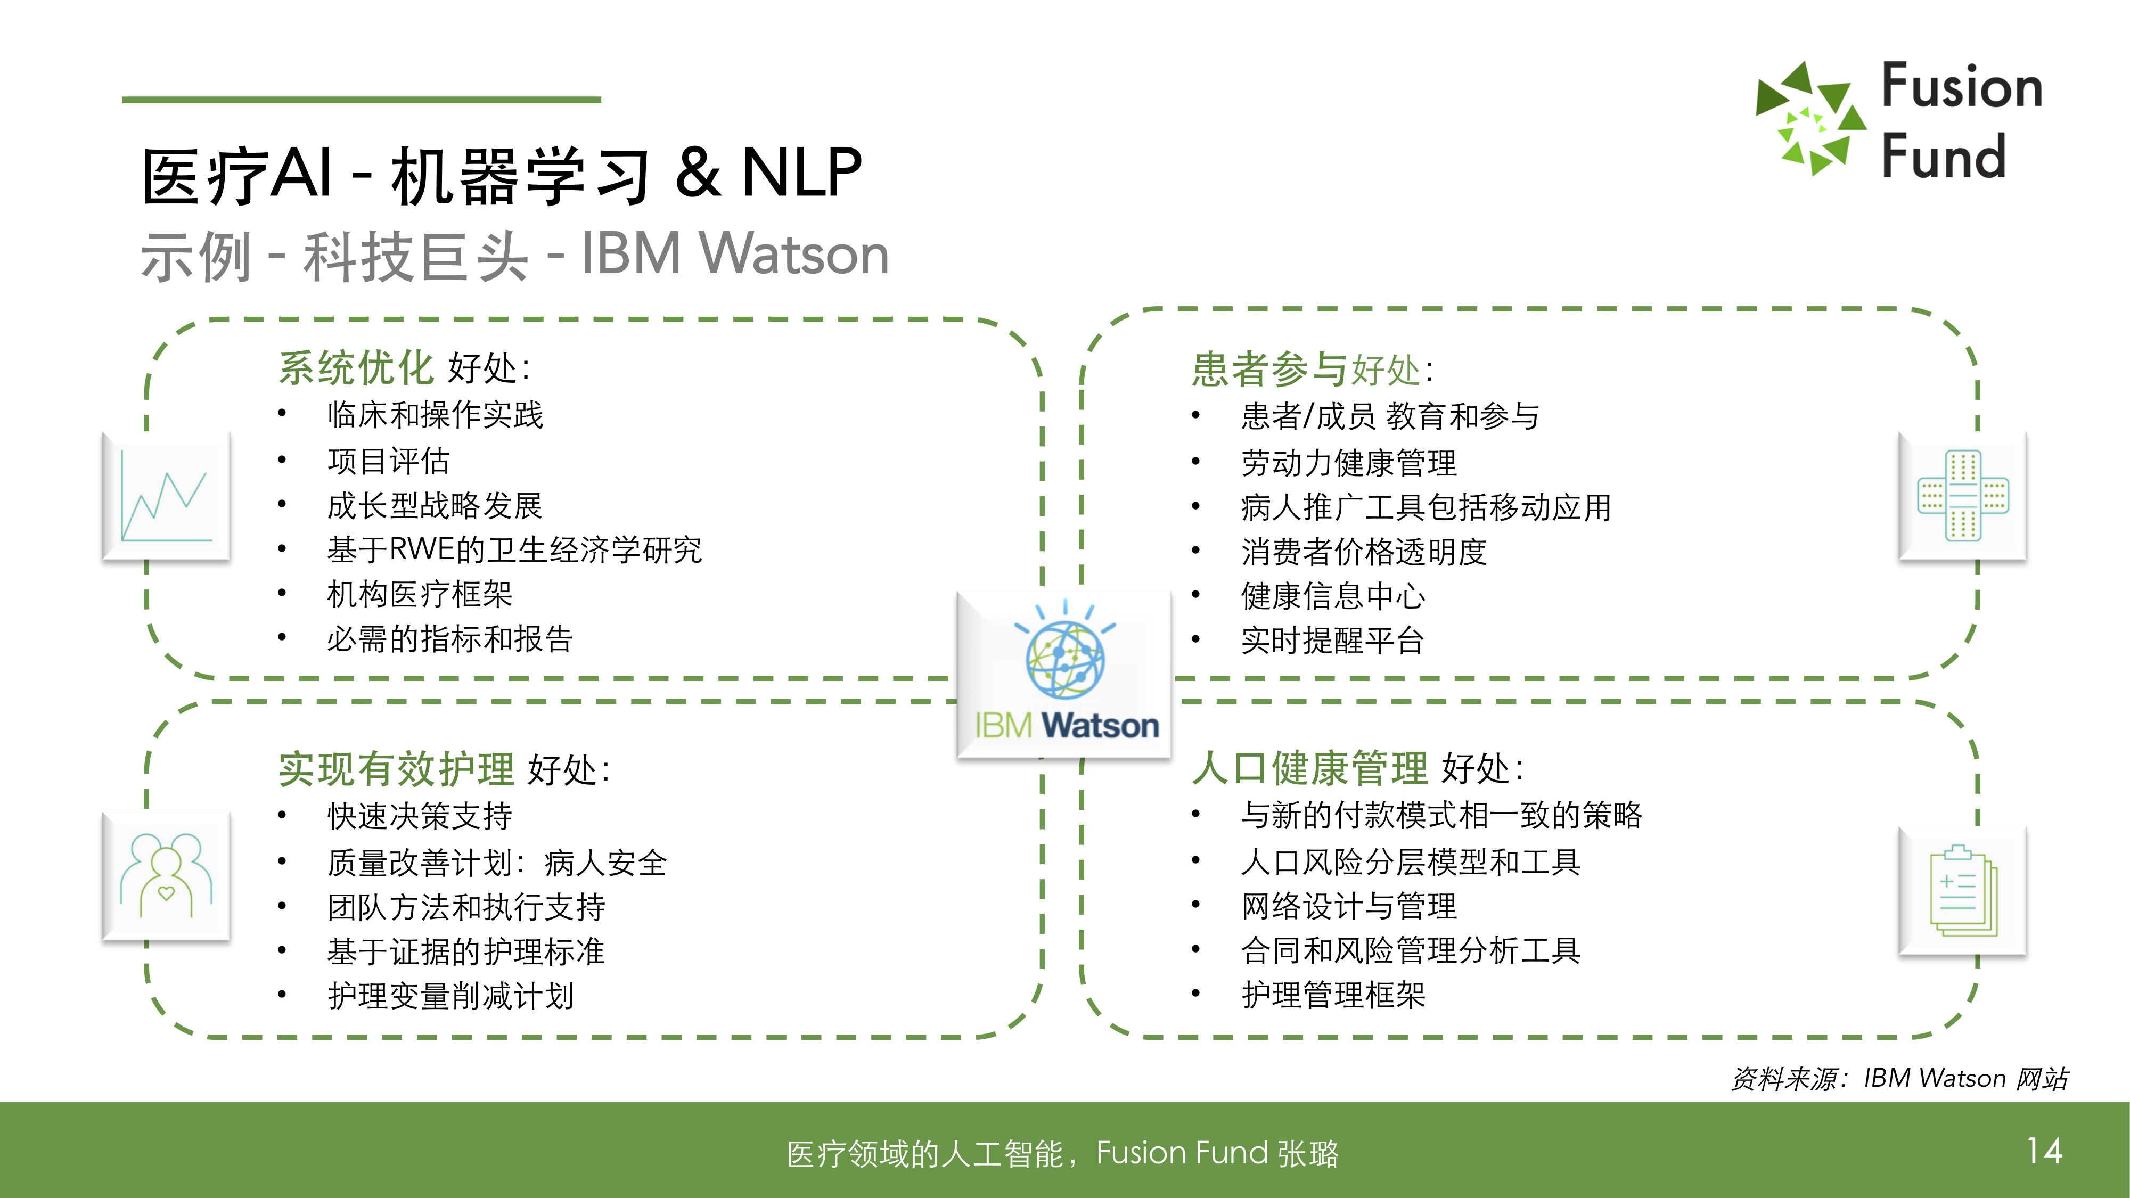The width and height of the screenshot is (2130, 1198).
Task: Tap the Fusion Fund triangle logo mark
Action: point(1811,119)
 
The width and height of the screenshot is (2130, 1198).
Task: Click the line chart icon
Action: point(166,496)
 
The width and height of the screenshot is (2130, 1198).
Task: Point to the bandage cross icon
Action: point(1962,496)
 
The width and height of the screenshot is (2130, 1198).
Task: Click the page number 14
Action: point(2044,1151)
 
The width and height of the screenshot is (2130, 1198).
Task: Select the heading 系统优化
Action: point(356,368)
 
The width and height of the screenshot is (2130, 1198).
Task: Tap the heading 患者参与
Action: point(1269,370)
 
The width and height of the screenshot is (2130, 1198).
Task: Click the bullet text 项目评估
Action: point(389,461)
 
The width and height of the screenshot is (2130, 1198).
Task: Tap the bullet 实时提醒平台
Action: point(1332,640)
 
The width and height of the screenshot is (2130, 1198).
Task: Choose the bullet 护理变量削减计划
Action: point(450,996)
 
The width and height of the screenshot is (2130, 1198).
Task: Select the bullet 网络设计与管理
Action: point(1349,906)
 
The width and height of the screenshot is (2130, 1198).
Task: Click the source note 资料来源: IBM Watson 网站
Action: point(1899,1078)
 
